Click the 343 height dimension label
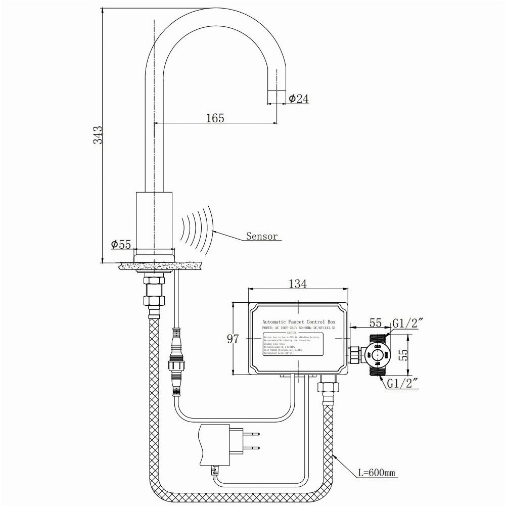[x=99, y=134]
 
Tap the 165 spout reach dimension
[x=215, y=118]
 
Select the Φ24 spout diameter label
[x=298, y=99]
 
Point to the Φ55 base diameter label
[x=121, y=245]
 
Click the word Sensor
[x=261, y=236]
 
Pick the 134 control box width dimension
[x=297, y=284]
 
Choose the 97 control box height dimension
[x=232, y=339]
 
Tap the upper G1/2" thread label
[x=407, y=323]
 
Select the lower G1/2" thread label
[x=404, y=384]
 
